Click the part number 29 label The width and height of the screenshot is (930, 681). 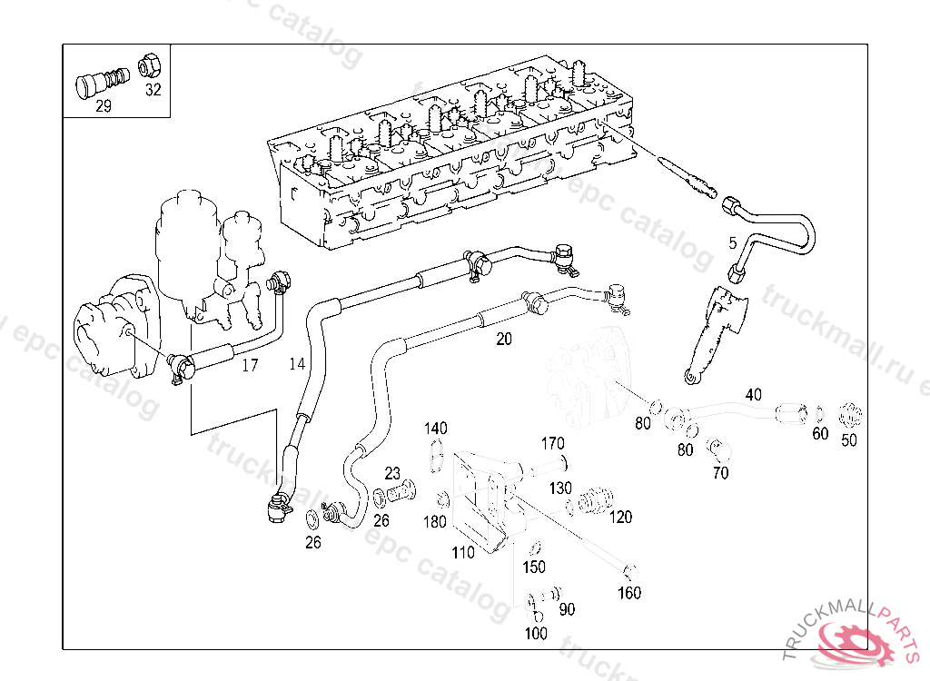tap(103, 106)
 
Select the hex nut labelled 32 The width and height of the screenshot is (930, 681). tap(150, 66)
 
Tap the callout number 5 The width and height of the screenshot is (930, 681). tap(732, 243)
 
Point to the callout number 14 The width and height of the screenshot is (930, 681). tap(297, 364)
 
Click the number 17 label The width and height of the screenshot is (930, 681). tap(250, 366)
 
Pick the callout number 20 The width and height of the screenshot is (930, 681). tap(503, 339)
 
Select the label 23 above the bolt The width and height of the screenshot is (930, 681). tap(392, 473)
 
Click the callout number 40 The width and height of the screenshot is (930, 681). tap(754, 394)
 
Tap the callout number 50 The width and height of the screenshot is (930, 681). tap(849, 440)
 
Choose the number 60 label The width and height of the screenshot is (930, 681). tap(820, 434)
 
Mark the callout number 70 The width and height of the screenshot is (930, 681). tap(720, 472)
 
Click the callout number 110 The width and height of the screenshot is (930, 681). tap(463, 552)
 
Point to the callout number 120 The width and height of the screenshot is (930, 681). tap(621, 518)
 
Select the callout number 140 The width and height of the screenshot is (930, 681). tap(436, 428)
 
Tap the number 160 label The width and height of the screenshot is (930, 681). tap(629, 593)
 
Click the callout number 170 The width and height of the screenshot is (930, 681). tap(553, 443)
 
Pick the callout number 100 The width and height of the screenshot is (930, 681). tap(537, 633)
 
